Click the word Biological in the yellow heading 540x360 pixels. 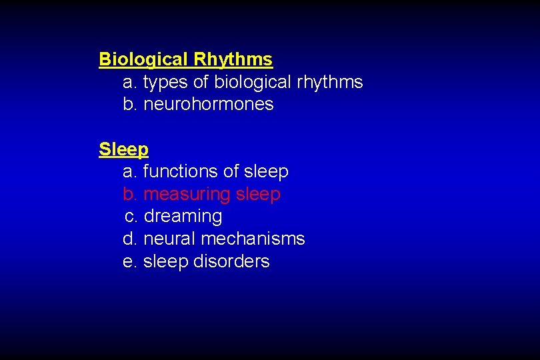[x=143, y=59]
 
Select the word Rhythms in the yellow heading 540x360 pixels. [x=233, y=59]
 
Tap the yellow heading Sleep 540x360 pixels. [x=123, y=149]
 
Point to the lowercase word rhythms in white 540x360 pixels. [x=329, y=82]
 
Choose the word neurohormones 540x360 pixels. [x=209, y=104]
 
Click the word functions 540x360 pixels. [x=181, y=171]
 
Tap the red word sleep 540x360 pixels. [x=258, y=194]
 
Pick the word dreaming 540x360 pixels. [x=183, y=217]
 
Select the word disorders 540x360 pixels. [x=231, y=261]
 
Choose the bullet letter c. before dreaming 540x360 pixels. [x=131, y=217]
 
